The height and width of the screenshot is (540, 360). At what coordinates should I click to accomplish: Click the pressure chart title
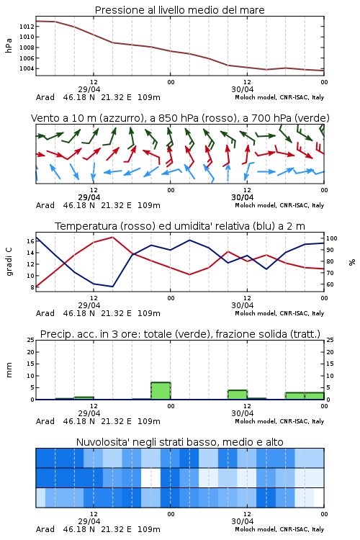pos(179,10)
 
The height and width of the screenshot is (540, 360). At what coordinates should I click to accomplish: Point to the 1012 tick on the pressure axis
pos(27,26)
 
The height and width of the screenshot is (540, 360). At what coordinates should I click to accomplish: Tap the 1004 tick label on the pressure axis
pos(27,68)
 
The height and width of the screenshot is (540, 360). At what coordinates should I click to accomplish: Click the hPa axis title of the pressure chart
pos(9,45)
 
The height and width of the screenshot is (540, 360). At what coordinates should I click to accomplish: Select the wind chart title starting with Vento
pos(180,118)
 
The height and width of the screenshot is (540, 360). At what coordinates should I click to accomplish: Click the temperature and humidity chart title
pos(180,226)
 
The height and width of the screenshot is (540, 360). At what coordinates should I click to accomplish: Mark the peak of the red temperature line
pos(112,237)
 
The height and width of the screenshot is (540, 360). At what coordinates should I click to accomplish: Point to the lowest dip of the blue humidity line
pos(112,287)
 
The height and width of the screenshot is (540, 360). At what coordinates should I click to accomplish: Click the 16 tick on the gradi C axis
pos(30,241)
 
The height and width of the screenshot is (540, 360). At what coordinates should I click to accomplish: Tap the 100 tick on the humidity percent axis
pos(331,238)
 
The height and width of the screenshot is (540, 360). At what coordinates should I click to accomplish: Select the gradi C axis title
pos(9,262)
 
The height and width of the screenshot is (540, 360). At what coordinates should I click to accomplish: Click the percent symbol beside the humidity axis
pos(352,262)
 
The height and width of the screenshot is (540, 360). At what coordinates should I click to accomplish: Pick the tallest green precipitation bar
pos(161,391)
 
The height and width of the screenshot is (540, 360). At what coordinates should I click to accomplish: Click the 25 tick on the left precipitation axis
pos(31,340)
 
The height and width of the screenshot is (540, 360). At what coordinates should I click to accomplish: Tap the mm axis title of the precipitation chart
pos(9,370)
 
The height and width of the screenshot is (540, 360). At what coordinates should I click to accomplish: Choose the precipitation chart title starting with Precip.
pos(180,334)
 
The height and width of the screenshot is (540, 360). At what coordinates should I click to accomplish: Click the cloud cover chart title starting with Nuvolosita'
pos(179,442)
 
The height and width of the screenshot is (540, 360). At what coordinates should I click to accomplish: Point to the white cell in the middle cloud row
pos(151,477)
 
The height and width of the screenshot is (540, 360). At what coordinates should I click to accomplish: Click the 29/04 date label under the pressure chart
pos(89,89)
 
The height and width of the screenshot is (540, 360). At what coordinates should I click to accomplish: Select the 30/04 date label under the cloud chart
pos(243,521)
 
